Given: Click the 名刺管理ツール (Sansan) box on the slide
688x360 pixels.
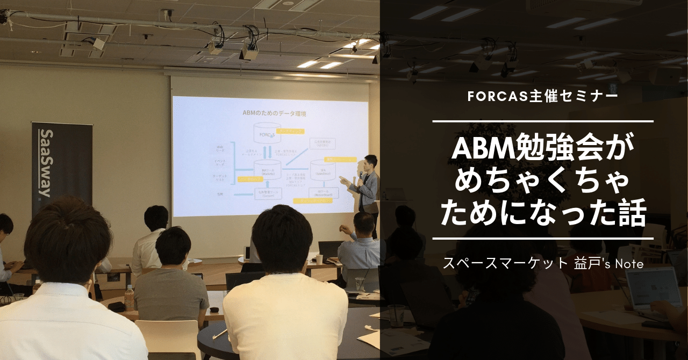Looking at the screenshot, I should (267, 194).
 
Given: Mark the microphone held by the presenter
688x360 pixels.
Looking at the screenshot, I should (360, 175).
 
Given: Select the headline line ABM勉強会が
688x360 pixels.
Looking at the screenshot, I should (543, 148).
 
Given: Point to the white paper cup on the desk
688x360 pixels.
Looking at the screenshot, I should (319, 259).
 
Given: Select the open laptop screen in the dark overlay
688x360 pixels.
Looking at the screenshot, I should (654, 287).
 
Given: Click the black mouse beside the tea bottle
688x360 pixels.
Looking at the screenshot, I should (116, 306).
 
